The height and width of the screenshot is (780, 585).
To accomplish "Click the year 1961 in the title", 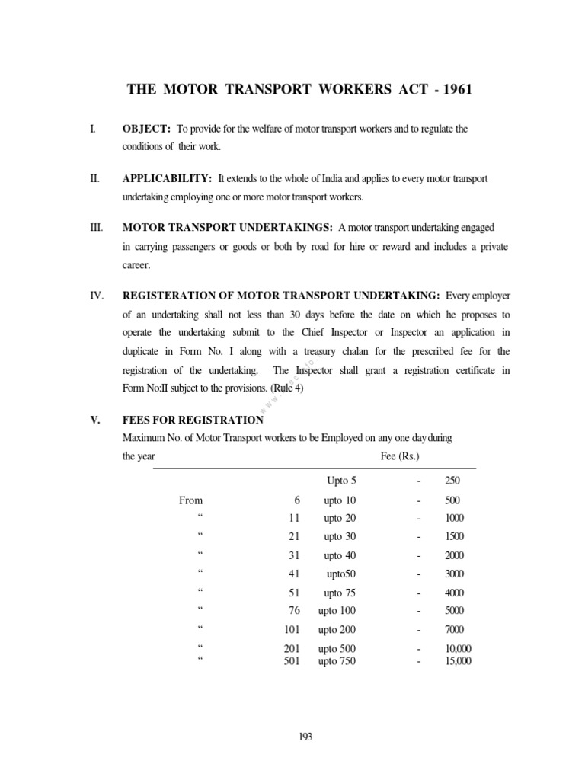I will tap(454, 89).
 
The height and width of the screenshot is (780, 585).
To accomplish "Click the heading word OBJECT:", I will tap(146, 129).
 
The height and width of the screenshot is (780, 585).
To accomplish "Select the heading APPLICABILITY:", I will tap(167, 178).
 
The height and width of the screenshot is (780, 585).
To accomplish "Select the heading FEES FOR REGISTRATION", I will tap(193, 420).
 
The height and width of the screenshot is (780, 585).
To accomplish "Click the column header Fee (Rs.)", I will tap(400, 456).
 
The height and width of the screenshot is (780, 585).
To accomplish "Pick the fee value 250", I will tap(452, 481).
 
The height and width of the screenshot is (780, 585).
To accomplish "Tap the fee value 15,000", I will tap(458, 661).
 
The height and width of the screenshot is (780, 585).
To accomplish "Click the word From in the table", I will tap(190, 500).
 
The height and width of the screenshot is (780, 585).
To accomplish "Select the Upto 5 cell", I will tap(340, 481).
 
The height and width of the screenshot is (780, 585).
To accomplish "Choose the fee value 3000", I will tap(453, 574).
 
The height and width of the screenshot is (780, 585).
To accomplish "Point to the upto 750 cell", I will tap(337, 661).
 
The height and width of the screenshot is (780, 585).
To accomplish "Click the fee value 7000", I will tap(453, 630).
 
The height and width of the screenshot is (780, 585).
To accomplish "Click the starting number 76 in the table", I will tap(294, 610).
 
